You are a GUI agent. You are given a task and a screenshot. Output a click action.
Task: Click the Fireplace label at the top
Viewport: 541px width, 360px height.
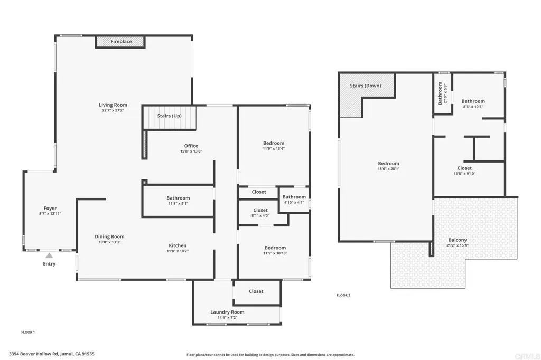point(121,41)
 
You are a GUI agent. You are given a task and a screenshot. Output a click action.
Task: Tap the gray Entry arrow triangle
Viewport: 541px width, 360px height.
point(49,255)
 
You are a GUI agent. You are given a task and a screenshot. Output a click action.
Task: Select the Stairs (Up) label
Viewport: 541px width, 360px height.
point(170,116)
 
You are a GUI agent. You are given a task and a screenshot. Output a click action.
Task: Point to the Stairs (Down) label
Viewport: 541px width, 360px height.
point(366,86)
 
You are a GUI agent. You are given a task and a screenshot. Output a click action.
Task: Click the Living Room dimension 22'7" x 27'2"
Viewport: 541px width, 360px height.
point(113,110)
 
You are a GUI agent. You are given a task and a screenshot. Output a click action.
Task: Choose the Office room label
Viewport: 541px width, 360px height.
point(191,146)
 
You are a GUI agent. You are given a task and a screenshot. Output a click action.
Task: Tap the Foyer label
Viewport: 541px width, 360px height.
point(50,208)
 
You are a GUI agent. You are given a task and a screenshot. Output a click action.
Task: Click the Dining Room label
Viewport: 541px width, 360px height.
point(109,236)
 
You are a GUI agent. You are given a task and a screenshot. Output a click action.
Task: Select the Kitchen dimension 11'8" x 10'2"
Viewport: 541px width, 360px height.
point(178,251)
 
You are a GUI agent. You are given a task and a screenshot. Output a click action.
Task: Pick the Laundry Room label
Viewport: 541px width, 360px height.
point(227,312)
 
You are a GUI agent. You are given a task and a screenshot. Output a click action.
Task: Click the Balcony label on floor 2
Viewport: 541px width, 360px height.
point(458,240)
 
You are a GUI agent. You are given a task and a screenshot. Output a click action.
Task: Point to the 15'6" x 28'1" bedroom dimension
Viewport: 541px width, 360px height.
point(388,169)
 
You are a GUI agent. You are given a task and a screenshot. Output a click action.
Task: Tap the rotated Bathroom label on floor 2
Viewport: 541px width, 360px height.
point(440,93)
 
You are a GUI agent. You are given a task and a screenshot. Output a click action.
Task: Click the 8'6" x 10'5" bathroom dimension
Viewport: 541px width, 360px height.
point(473,107)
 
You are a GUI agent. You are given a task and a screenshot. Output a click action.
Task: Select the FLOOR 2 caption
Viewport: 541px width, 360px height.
point(343,295)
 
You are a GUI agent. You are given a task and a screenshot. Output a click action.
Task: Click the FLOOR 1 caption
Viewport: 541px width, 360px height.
point(28,333)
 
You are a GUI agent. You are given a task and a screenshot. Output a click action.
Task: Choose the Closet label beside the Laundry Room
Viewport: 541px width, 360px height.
point(256,291)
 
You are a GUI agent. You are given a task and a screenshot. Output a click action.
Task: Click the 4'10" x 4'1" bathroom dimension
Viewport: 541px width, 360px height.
point(294,202)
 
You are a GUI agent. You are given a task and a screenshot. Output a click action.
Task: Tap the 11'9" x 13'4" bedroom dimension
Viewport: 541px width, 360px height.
point(274,149)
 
